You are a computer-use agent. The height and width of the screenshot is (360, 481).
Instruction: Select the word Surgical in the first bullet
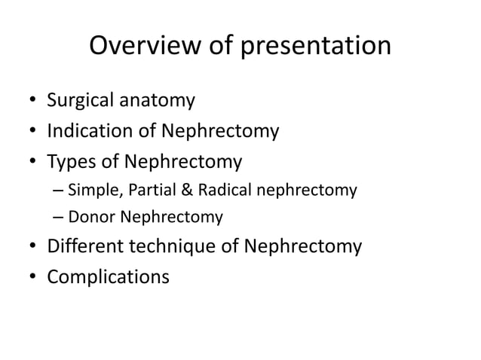tap(81, 99)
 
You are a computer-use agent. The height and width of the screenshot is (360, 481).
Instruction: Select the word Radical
tap(215, 191)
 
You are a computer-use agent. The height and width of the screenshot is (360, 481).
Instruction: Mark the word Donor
tap(89, 218)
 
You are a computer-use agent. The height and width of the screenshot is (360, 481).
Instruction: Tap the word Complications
tap(108, 277)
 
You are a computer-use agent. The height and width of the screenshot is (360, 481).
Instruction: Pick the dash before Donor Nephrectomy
tap(59, 219)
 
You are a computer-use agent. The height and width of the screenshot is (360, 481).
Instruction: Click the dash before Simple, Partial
tap(59, 191)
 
